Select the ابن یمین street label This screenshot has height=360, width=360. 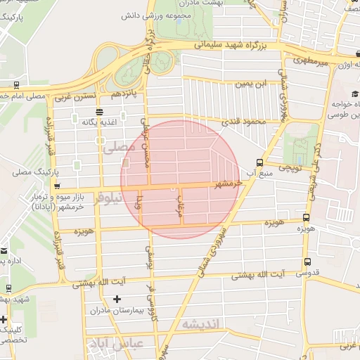[x=251, y=84]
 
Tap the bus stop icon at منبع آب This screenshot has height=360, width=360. [x=260, y=161]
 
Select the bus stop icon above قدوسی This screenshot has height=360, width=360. [x=307, y=262]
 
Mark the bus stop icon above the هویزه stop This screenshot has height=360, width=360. [x=305, y=217]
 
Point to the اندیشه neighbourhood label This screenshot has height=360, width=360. [x=201, y=324]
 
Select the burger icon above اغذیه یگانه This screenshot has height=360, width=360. [x=98, y=111]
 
